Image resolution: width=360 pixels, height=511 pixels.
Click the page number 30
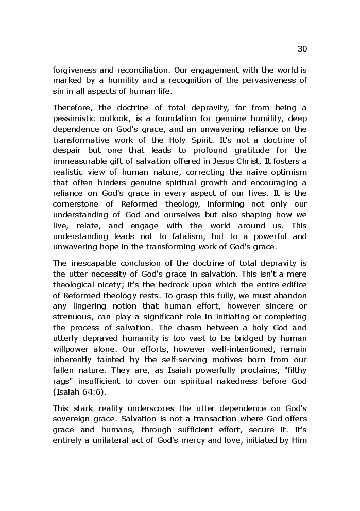pyautogui.click(x=302, y=49)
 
